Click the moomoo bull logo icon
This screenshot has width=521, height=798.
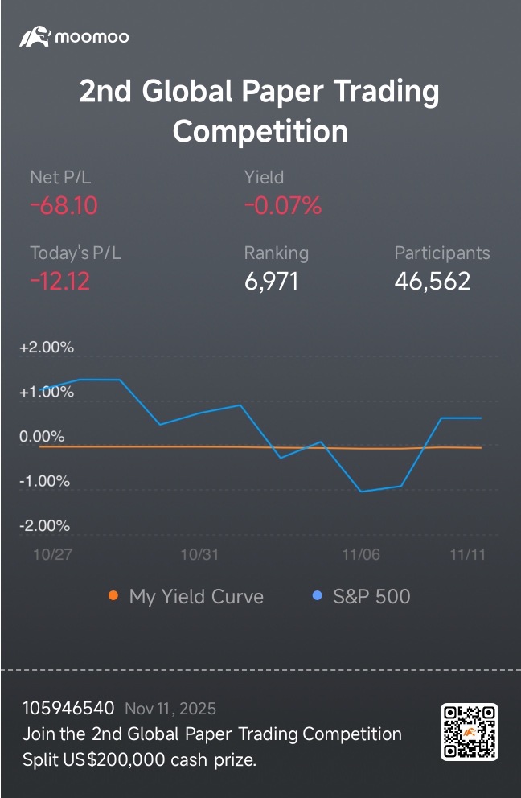(x=35, y=36)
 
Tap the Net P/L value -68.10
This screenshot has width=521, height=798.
(x=64, y=206)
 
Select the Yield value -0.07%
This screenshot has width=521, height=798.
(x=283, y=206)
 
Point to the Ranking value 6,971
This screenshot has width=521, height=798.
(x=271, y=282)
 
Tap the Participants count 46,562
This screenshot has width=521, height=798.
(x=432, y=282)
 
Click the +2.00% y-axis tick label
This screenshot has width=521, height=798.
(x=47, y=348)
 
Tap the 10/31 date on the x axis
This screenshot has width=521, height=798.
(x=199, y=555)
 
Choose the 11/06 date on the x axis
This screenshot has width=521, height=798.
(x=361, y=555)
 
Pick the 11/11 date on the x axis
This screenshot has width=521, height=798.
(x=468, y=555)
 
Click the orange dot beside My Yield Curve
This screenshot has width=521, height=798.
(x=113, y=596)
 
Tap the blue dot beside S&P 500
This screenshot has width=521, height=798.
(x=317, y=596)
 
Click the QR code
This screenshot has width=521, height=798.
(x=470, y=731)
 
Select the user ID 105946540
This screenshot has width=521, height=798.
(x=68, y=709)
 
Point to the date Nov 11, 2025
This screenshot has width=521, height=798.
(x=170, y=709)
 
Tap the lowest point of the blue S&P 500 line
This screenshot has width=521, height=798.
(x=361, y=492)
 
